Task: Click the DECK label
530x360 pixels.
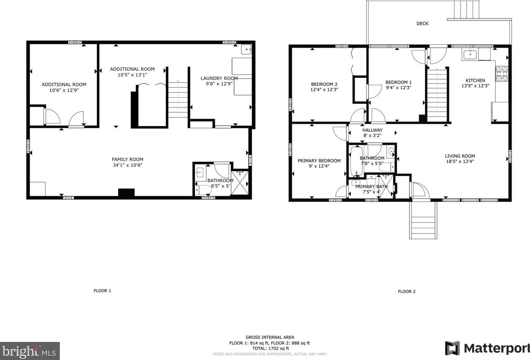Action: [422, 23]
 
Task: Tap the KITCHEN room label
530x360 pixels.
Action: [475, 80]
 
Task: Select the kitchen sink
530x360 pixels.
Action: [470, 55]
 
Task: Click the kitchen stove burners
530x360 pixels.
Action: [502, 74]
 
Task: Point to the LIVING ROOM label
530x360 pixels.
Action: [460, 156]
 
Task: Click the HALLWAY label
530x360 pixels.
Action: [372, 130]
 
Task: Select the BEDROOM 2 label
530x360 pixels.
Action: [324, 84]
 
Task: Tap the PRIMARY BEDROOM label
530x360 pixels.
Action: [319, 161]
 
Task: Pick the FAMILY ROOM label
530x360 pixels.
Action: [128, 160]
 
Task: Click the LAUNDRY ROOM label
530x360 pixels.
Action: [219, 78]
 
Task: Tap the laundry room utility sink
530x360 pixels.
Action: [246, 49]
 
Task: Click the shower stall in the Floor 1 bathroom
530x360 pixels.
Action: [240, 183]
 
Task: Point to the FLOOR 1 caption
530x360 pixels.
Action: [102, 291]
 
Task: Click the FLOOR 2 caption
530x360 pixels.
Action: [407, 291]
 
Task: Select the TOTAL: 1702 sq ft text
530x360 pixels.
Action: [271, 348]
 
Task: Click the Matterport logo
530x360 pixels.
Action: [487, 348]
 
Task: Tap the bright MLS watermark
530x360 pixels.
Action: [30, 351]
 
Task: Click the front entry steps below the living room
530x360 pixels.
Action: [423, 220]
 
